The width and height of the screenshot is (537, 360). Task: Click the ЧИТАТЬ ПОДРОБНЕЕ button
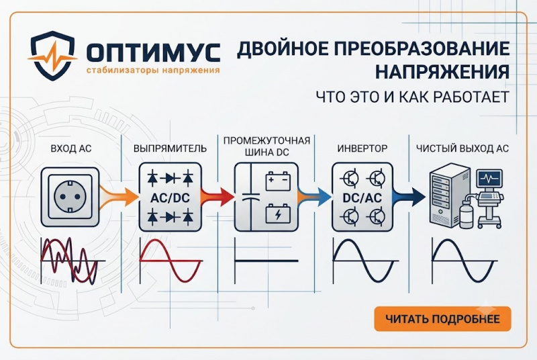[x=442, y=319]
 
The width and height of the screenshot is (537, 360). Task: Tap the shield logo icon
[x=52, y=56]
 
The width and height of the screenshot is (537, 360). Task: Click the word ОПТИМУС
[x=153, y=52]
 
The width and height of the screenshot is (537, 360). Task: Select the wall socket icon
[x=70, y=197]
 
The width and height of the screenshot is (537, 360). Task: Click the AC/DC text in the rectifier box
[x=170, y=197]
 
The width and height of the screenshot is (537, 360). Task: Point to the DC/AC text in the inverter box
[x=362, y=197]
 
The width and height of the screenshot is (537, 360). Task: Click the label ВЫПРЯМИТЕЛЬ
[x=170, y=148]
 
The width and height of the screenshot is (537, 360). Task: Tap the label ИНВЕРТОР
[x=362, y=148]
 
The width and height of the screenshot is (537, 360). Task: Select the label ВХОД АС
[x=71, y=148]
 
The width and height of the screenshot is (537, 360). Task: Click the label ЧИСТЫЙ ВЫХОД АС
[x=462, y=148]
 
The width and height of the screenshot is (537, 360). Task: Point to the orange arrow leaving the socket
[x=119, y=197]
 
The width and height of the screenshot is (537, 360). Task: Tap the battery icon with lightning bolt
[x=278, y=214]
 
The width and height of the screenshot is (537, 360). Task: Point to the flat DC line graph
[x=266, y=261]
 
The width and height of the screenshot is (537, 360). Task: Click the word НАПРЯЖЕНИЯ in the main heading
[x=442, y=72]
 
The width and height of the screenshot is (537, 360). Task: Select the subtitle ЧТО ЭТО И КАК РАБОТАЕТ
[x=412, y=97]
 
